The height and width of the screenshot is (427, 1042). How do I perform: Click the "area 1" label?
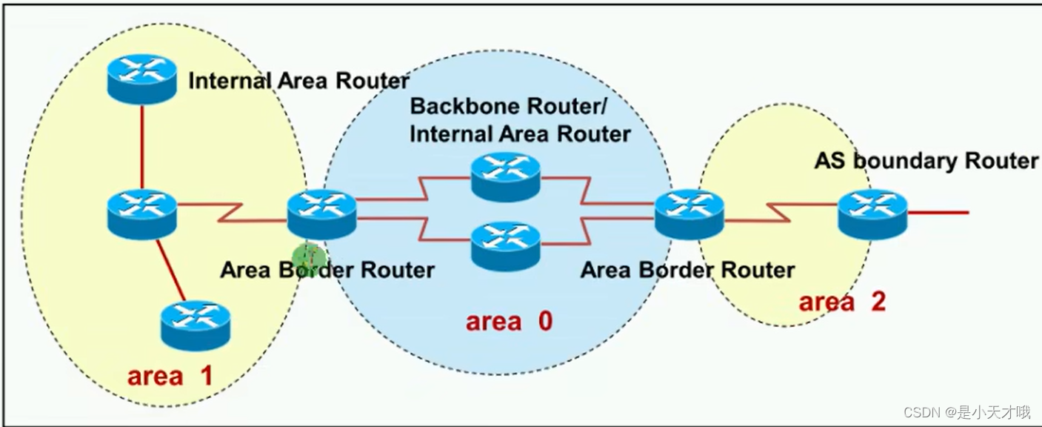170,375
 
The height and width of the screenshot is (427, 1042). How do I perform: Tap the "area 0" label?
509,321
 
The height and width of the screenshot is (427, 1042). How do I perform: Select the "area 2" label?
842,302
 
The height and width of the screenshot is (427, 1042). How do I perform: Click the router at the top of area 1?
141,79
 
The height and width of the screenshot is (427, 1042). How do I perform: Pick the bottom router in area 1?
196,325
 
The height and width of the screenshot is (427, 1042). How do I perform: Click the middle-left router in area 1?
141,213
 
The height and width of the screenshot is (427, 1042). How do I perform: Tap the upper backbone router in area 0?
506,176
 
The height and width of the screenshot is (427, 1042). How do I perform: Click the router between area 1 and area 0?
321,213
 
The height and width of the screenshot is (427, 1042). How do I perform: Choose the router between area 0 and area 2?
689,213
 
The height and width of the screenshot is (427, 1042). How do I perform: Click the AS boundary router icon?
872,213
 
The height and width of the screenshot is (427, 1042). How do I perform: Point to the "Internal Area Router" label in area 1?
298,80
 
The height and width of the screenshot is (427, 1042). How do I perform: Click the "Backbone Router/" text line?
508,106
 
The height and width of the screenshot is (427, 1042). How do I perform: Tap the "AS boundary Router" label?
926,160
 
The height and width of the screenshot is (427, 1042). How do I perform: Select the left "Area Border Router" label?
327,270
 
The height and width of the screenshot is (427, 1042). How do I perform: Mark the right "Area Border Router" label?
687,270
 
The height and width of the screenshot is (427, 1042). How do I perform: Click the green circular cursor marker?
308,256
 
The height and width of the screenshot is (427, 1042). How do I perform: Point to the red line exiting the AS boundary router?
938,213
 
